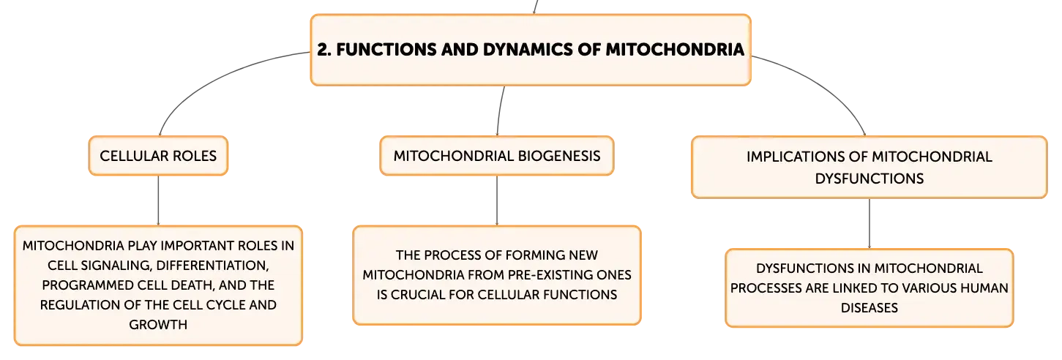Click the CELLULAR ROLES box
158,156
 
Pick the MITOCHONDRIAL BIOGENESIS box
497,156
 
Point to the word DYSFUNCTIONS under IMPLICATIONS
870,179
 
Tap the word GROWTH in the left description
158,324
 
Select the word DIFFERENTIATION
212,266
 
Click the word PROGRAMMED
88,285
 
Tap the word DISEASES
870,308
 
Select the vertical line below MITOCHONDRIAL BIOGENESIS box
497,200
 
